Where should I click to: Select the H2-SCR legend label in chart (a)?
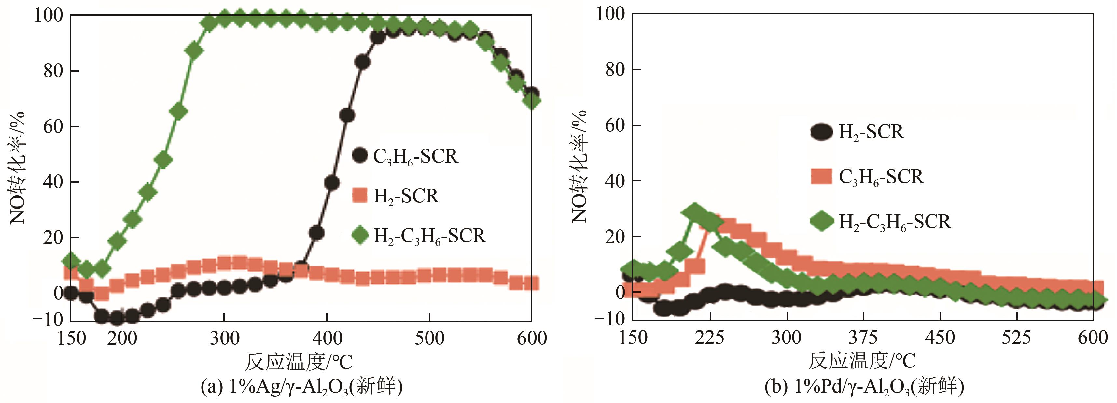[406, 196]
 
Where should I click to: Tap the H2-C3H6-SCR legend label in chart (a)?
[429, 236]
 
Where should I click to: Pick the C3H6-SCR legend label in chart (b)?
[881, 177]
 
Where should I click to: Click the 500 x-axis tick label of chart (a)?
[429, 338]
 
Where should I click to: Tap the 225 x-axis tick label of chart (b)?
[709, 337]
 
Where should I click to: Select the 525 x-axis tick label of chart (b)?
[1016, 337]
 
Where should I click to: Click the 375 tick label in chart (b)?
[863, 337]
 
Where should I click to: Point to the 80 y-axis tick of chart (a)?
[53, 71]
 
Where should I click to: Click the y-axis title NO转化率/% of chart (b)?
[579, 167]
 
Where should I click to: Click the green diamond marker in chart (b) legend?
[821, 221]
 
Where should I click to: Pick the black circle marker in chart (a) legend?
[359, 155]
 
